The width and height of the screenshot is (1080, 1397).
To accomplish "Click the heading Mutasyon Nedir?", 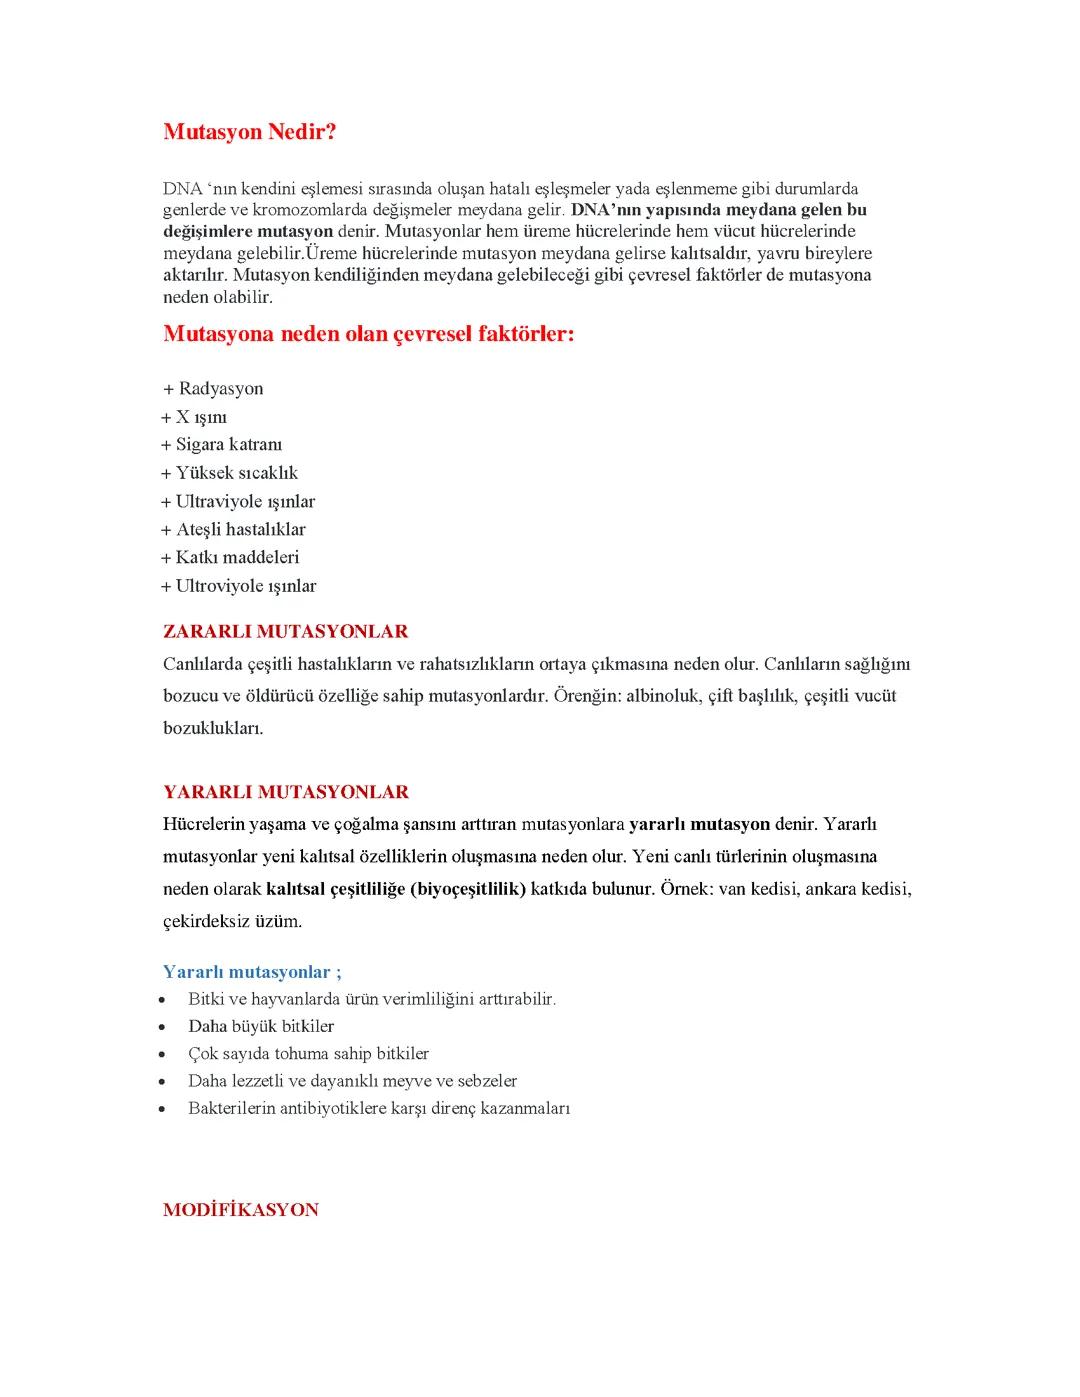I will click(249, 132).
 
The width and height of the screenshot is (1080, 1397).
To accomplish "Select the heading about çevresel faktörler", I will click(368, 334).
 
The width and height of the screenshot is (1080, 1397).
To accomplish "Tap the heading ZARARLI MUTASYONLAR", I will click(285, 632).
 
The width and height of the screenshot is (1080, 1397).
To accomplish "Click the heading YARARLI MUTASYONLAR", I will click(285, 792).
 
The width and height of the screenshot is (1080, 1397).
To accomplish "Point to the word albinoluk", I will click(663, 696).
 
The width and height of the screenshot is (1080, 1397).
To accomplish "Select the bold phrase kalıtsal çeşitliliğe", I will click(335, 889).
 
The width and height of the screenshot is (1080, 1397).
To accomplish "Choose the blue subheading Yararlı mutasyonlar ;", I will click(252, 972).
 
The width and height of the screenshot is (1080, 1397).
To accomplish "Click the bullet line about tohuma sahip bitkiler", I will click(308, 1054).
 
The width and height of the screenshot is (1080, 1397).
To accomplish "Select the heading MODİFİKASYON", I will click(240, 1210).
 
